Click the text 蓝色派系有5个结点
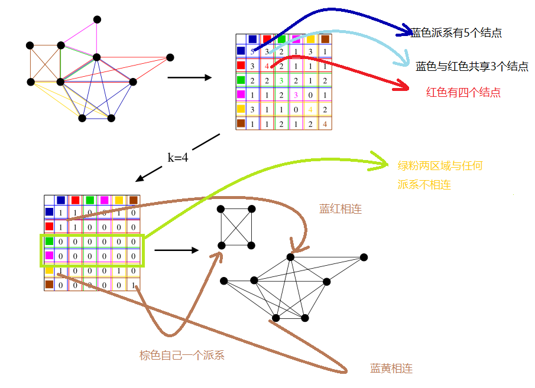tap(456, 33)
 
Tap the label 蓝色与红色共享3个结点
tap(472, 67)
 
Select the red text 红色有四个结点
tap(463, 92)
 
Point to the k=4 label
tap(177, 158)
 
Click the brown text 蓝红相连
tap(341, 209)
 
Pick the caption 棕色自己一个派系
tap(182, 356)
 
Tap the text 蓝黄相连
tap(391, 369)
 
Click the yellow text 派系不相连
tap(424, 185)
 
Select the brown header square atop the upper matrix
tap(325, 40)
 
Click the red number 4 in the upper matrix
tap(267, 66)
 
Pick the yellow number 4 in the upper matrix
tap(310, 109)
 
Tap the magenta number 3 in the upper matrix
tap(296, 94)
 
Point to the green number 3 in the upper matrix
tap(282, 80)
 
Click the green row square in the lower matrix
tap(50, 241)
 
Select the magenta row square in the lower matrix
tap(50, 256)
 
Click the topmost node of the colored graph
tap(97, 19)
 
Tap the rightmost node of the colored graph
tap(170, 57)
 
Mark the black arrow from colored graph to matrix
tap(190, 77)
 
